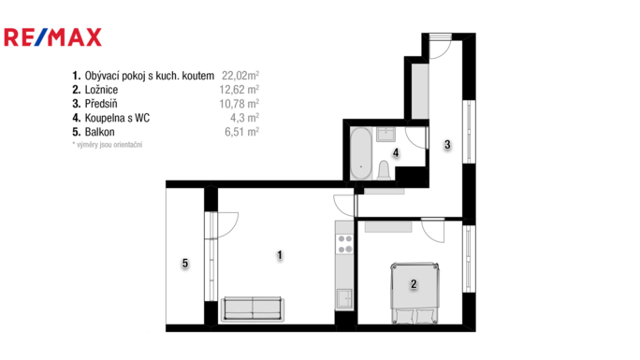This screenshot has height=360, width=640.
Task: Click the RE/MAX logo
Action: click(53, 37)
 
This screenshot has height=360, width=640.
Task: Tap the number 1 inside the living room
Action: click(279, 254)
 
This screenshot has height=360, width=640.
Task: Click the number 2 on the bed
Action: click(413, 283)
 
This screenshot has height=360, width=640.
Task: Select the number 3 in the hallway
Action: click(447, 145)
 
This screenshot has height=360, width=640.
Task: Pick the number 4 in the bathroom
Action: click(397, 152)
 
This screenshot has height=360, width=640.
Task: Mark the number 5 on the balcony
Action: click(185, 264)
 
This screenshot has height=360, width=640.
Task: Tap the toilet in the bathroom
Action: click(384, 169)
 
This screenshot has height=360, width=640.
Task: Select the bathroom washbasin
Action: click(385, 134)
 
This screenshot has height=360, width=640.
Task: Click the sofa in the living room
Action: click(253, 310)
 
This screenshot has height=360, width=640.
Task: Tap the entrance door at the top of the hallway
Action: click(440, 41)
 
